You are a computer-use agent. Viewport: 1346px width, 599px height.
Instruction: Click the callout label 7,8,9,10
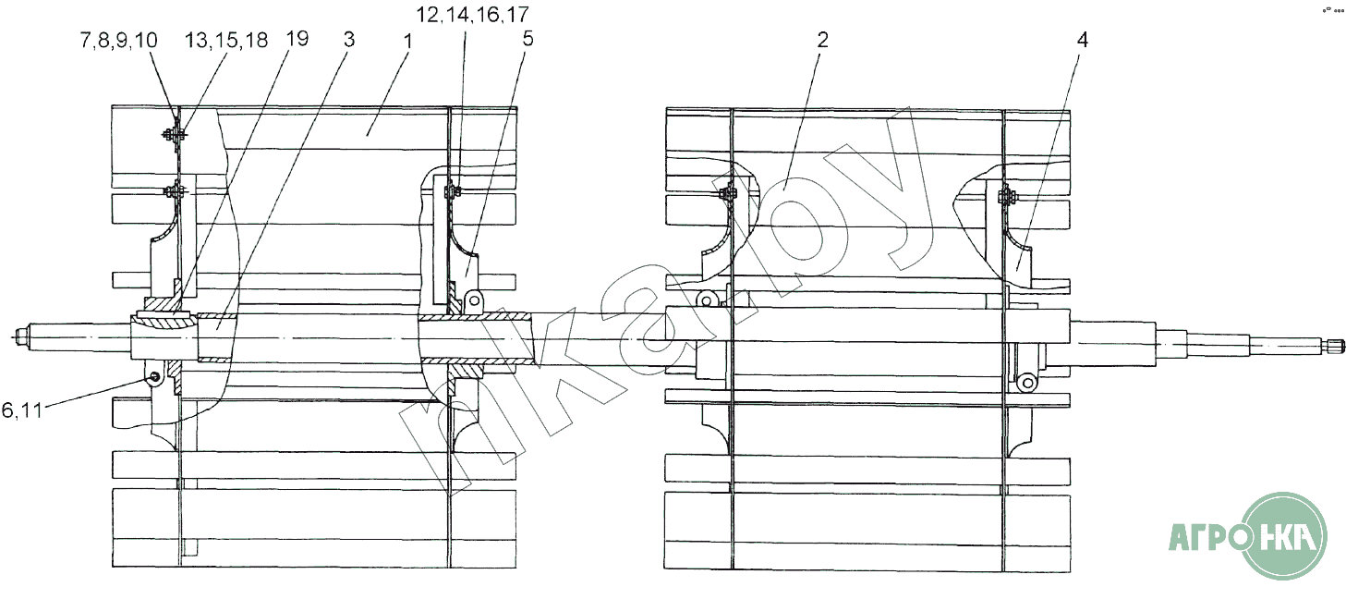coord(119,41)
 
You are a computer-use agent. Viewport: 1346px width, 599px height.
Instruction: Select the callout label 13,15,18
coord(226,41)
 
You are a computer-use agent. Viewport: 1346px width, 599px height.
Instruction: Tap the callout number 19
coord(297,39)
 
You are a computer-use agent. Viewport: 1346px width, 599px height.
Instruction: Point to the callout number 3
coord(349,40)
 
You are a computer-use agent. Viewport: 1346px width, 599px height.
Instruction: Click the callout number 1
coord(408,43)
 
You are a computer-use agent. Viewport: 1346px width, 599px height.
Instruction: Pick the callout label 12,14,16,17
coord(473,15)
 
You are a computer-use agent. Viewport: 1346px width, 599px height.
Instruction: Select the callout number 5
coord(527,39)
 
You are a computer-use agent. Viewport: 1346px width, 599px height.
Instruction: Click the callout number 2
coord(822,40)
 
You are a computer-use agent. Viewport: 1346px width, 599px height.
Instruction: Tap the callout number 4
coord(1082,41)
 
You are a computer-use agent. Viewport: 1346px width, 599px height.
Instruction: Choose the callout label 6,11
coord(22,410)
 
